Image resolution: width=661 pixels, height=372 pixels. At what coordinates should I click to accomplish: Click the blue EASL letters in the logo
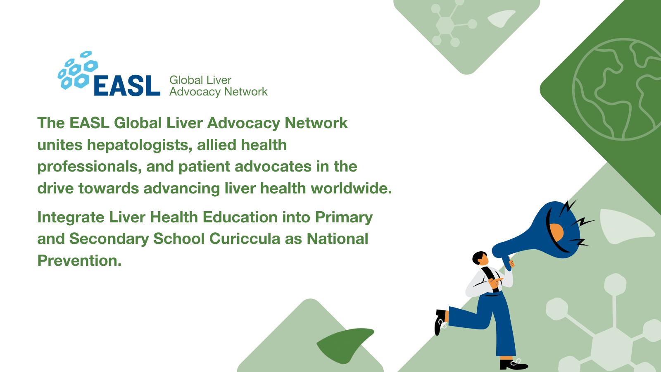point(127,85)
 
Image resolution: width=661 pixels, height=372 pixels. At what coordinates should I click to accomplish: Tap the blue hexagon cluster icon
point(78,70)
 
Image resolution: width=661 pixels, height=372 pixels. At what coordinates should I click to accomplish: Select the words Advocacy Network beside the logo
point(219,92)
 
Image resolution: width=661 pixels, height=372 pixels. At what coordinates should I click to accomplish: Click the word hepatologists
point(140,145)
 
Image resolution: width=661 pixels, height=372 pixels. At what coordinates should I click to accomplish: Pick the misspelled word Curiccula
point(245,238)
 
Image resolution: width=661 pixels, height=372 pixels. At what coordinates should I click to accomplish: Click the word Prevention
point(79,260)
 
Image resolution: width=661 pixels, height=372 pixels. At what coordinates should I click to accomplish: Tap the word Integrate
point(71,217)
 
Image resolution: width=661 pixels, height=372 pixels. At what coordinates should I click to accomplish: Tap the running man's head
point(480,258)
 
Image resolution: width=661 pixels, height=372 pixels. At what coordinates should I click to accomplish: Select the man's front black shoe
point(514,365)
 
